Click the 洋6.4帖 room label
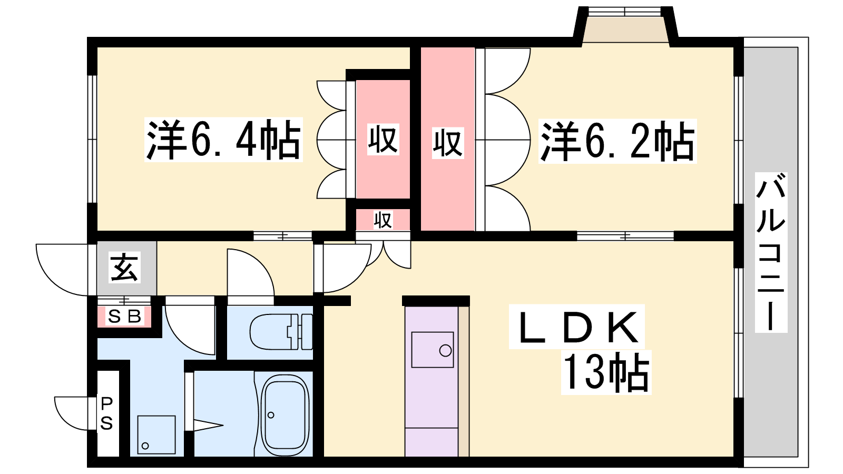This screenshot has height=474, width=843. click(x=223, y=140)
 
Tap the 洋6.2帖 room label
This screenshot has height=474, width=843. click(x=617, y=141)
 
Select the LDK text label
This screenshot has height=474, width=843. click(x=577, y=327)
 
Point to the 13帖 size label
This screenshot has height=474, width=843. click(x=606, y=372)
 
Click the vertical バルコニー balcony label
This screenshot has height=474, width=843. click(x=771, y=252)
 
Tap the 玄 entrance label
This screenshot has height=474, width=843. click(x=125, y=267)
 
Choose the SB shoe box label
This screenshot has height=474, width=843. click(x=124, y=317)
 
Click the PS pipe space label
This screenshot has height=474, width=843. click(x=106, y=414)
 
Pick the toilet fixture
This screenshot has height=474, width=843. click(x=281, y=332)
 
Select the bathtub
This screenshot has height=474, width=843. click(x=285, y=415)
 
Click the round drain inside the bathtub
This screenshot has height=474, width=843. click(x=271, y=416)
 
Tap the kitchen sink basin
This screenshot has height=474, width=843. click(x=433, y=350)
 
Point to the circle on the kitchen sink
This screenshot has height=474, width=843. click(x=445, y=351)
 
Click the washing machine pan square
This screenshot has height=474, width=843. click(x=156, y=434)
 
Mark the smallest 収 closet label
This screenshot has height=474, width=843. click(x=383, y=220)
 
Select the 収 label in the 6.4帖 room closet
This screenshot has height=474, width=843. click(x=383, y=140)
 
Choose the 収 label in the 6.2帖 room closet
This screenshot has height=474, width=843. click(x=448, y=143)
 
